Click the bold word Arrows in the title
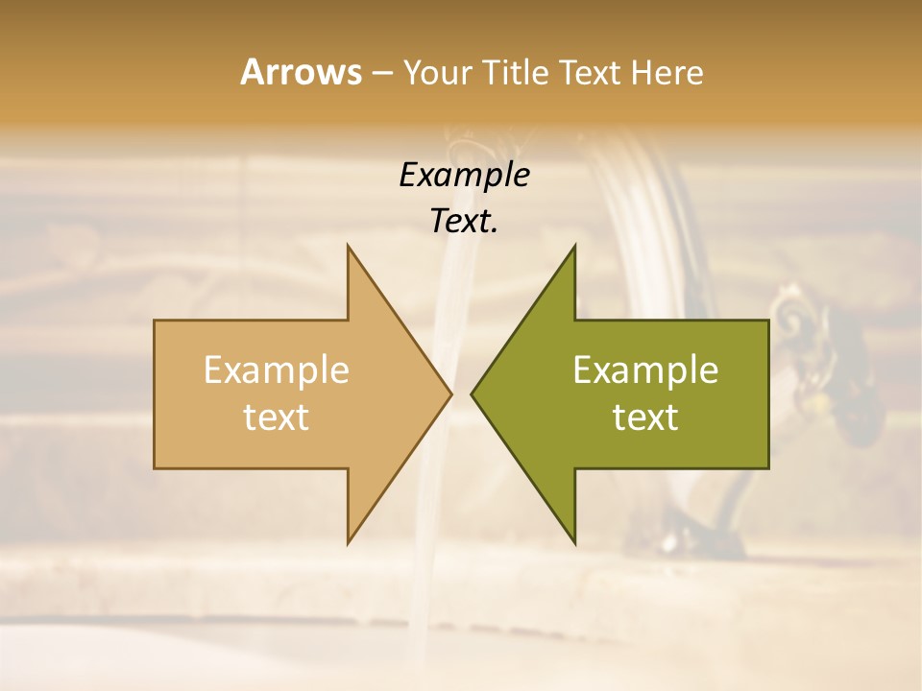pyautogui.click(x=300, y=72)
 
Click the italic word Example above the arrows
pyautogui.click(x=465, y=176)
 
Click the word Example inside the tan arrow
pyautogui.click(x=277, y=370)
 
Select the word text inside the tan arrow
pyautogui.click(x=277, y=417)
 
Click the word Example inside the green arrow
pyautogui.click(x=645, y=370)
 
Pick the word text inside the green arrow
pyautogui.click(x=645, y=417)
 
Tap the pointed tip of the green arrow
pyautogui.click(x=473, y=393)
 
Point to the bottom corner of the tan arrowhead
pyautogui.click(x=349, y=541)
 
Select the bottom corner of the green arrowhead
pyautogui.click(x=574, y=541)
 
